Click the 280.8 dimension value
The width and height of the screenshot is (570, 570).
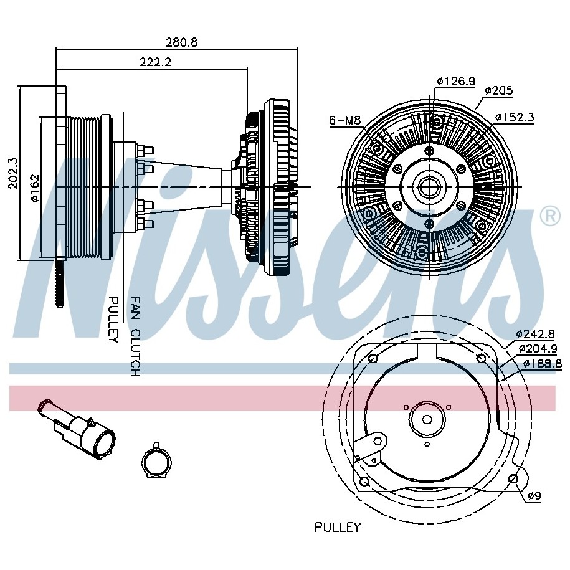181,42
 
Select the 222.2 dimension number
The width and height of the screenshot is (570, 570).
155,62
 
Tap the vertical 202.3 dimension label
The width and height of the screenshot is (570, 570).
12,173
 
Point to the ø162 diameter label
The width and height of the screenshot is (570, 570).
35,188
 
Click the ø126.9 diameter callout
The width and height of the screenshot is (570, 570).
456,81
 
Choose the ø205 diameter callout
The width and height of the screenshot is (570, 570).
499,90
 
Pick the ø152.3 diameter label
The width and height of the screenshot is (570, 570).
515,117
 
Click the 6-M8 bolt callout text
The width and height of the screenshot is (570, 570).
345,120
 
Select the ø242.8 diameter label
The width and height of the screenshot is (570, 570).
536,333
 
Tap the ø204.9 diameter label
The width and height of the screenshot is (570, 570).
538,348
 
